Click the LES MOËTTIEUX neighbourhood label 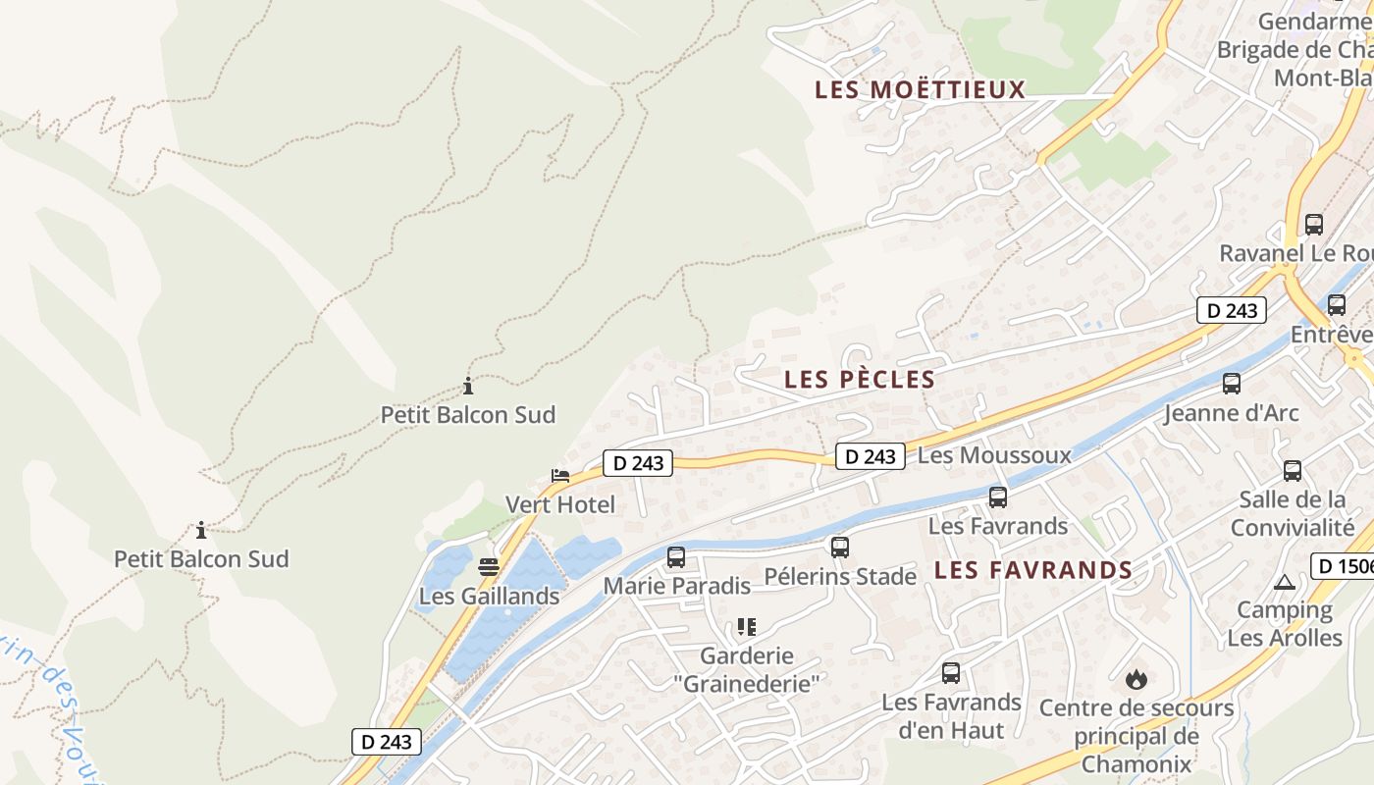(920, 89)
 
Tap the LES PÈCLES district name (860, 379)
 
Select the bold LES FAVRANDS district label (1033, 570)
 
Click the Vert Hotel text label (559, 504)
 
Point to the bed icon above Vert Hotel (560, 476)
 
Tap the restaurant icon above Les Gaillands (489, 567)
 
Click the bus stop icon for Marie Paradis (676, 557)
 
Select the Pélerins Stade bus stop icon (840, 548)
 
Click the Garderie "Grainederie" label (760, 669)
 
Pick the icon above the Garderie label (747, 627)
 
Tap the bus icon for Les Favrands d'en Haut (951, 673)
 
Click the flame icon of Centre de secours (1136, 678)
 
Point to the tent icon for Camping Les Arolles (1285, 582)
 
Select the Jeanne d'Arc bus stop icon (1232, 384)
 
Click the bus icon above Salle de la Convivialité (1293, 471)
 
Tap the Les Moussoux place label (994, 455)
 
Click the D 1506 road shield (1342, 566)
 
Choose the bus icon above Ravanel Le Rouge (1314, 225)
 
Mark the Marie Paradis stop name (676, 586)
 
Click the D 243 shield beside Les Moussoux (870, 456)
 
